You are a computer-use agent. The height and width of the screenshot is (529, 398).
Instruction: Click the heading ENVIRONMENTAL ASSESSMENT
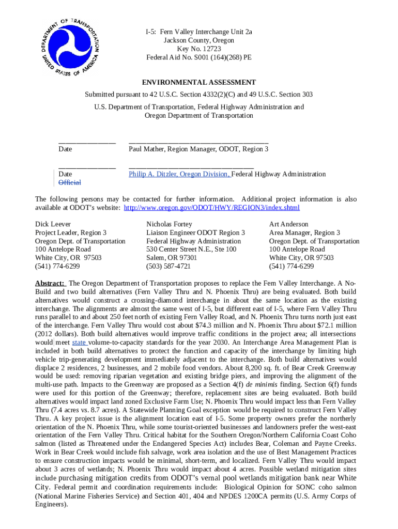(x=199, y=82)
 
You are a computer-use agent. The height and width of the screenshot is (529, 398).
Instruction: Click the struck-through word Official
(x=70, y=183)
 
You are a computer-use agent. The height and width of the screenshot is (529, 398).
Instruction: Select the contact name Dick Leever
(x=53, y=224)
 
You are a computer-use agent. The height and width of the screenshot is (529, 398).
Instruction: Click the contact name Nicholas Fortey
(x=169, y=224)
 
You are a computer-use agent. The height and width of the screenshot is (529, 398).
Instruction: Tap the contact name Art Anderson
(x=288, y=224)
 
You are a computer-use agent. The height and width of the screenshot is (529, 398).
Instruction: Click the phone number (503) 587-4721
(x=168, y=266)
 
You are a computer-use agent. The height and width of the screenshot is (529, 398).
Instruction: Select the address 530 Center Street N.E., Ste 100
(x=191, y=250)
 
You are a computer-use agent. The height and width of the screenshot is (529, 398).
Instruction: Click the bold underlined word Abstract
(x=50, y=284)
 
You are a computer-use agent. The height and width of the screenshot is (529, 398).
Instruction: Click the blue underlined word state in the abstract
(x=79, y=342)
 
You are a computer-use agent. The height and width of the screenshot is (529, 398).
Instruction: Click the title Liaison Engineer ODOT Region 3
(x=195, y=233)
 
